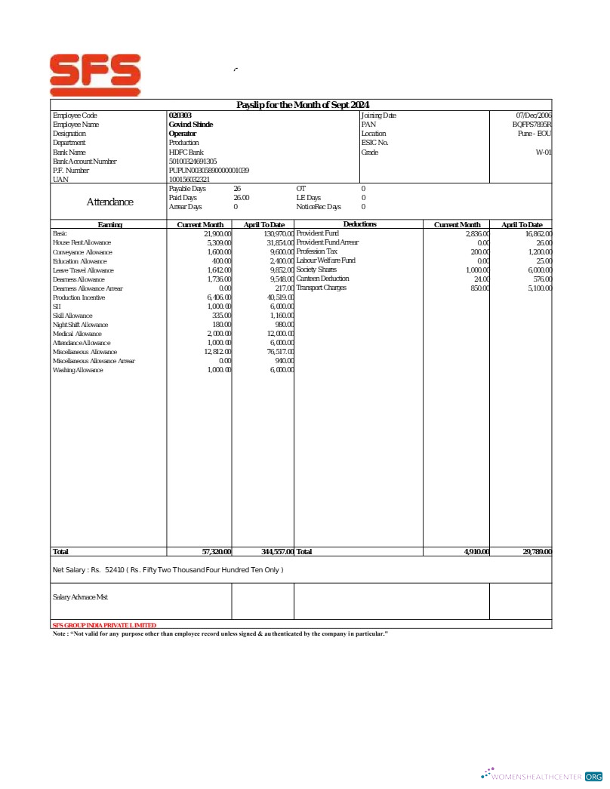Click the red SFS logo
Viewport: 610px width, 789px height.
click(95, 74)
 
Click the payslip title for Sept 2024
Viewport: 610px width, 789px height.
click(303, 105)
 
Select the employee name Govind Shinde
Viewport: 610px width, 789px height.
click(190, 125)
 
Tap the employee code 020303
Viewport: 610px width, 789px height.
click(180, 116)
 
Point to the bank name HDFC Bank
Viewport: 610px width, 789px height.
click(186, 153)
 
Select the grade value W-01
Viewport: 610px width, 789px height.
click(544, 153)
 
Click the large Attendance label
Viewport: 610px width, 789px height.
click(109, 202)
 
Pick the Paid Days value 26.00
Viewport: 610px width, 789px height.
click(241, 198)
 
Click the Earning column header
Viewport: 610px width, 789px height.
click(109, 225)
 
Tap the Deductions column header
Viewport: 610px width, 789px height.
click(359, 224)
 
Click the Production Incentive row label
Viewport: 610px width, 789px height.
click(79, 298)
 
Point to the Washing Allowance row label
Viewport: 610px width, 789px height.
click(78, 371)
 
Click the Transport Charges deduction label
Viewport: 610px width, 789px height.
click(321, 288)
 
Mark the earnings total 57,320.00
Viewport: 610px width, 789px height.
click(217, 552)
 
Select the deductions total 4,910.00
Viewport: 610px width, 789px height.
click(476, 552)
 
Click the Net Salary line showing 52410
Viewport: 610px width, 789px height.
click(168, 569)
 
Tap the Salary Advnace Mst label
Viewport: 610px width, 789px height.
click(80, 597)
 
